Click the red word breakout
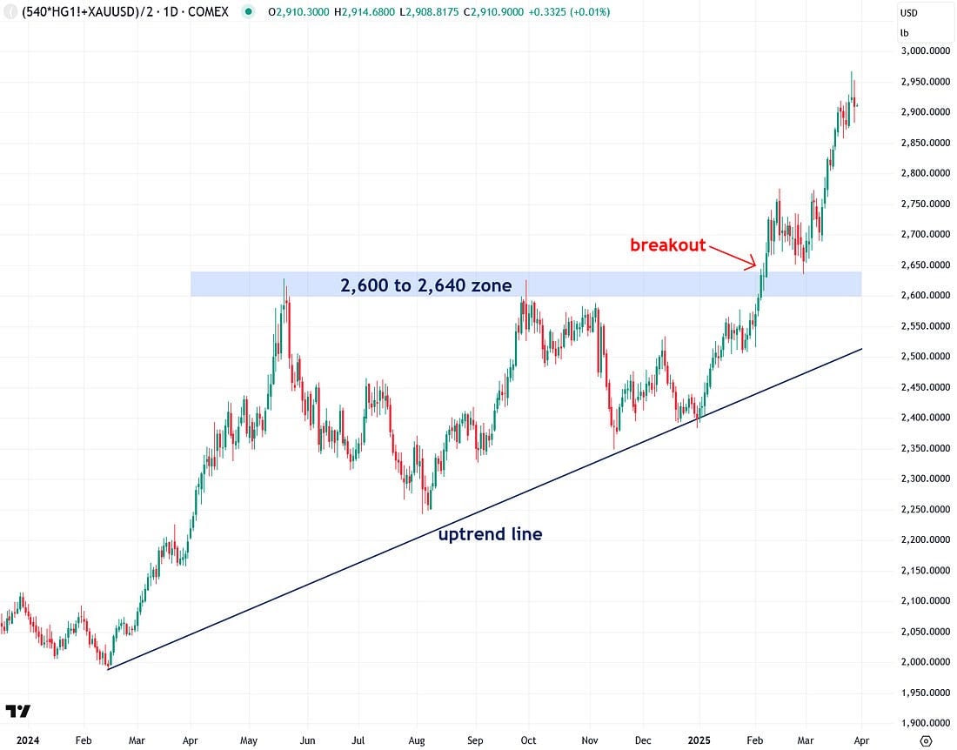pyautogui.click(x=667, y=245)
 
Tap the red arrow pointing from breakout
pyautogui.click(x=732, y=257)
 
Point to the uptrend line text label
pyautogui.click(x=490, y=534)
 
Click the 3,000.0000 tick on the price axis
pyautogui.click(x=926, y=51)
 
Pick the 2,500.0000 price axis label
pyautogui.click(x=926, y=357)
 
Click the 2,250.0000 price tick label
pyautogui.click(x=926, y=510)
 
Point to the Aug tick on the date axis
pyautogui.click(x=417, y=740)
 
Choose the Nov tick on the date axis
pyautogui.click(x=590, y=740)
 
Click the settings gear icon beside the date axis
pyautogui.click(x=926, y=740)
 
